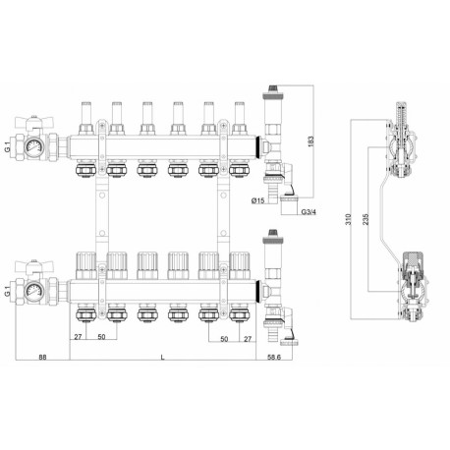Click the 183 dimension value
pos(310,141)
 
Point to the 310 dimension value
pos(348,219)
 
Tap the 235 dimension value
pos(366,219)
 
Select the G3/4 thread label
pos(309,212)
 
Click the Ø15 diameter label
pos(257,200)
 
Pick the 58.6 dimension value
pos(274,357)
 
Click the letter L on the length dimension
pos(163,357)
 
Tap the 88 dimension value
pos(42,357)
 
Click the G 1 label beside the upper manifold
pos(8,146)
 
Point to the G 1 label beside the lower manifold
pos(8,291)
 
